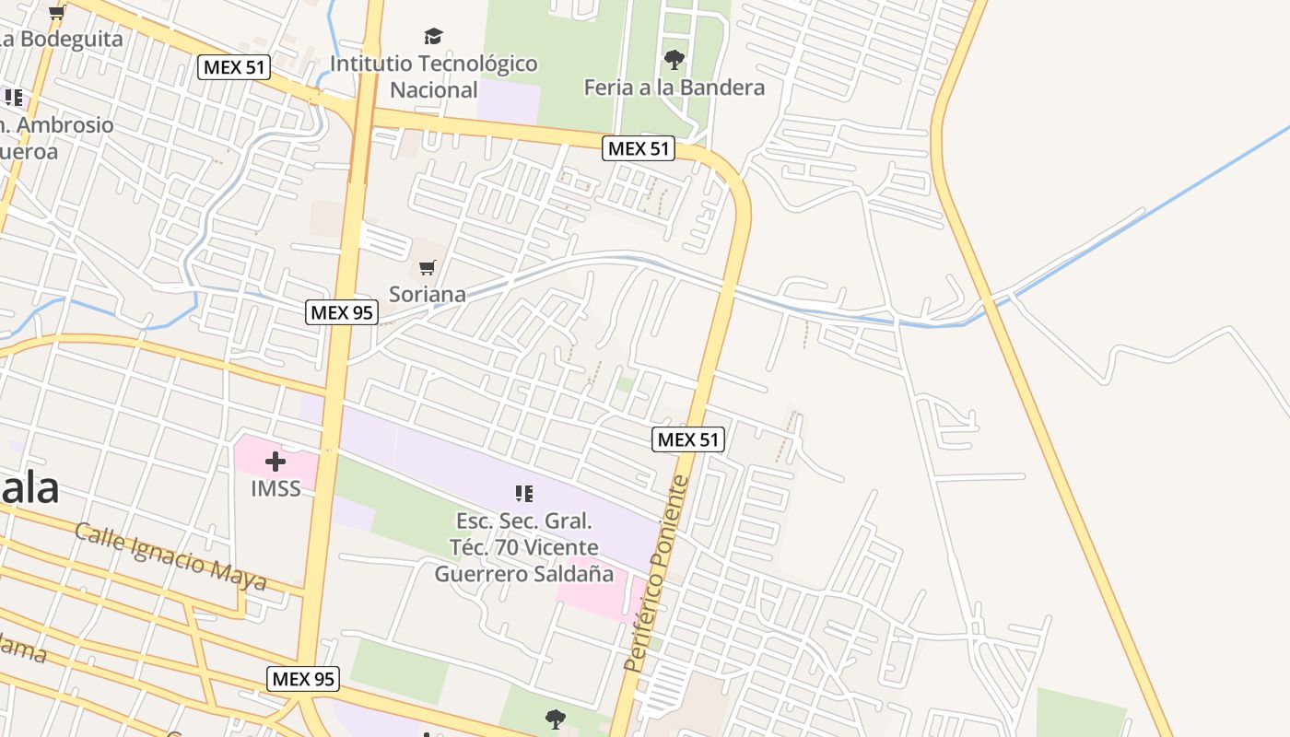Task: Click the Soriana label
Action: tap(428, 295)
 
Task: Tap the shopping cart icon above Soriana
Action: tap(427, 268)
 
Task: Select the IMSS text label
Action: tap(276, 488)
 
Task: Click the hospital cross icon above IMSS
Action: tap(276, 462)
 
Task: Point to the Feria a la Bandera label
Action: tap(674, 88)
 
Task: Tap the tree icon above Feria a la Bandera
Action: tap(674, 60)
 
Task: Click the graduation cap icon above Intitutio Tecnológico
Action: tap(433, 37)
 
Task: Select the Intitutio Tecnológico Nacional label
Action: tap(433, 76)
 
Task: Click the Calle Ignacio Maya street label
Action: tap(170, 557)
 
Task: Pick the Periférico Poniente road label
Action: tap(656, 573)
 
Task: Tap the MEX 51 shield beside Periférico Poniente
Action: tap(688, 439)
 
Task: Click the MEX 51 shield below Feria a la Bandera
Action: tap(639, 148)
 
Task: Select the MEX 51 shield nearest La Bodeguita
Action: tap(234, 66)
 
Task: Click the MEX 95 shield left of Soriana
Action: tap(342, 312)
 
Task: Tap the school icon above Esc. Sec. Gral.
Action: tap(524, 494)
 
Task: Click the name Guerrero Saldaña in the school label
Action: tap(523, 574)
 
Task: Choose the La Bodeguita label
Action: tap(60, 40)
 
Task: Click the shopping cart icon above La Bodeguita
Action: tap(56, 12)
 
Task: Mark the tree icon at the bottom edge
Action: tap(555, 719)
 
